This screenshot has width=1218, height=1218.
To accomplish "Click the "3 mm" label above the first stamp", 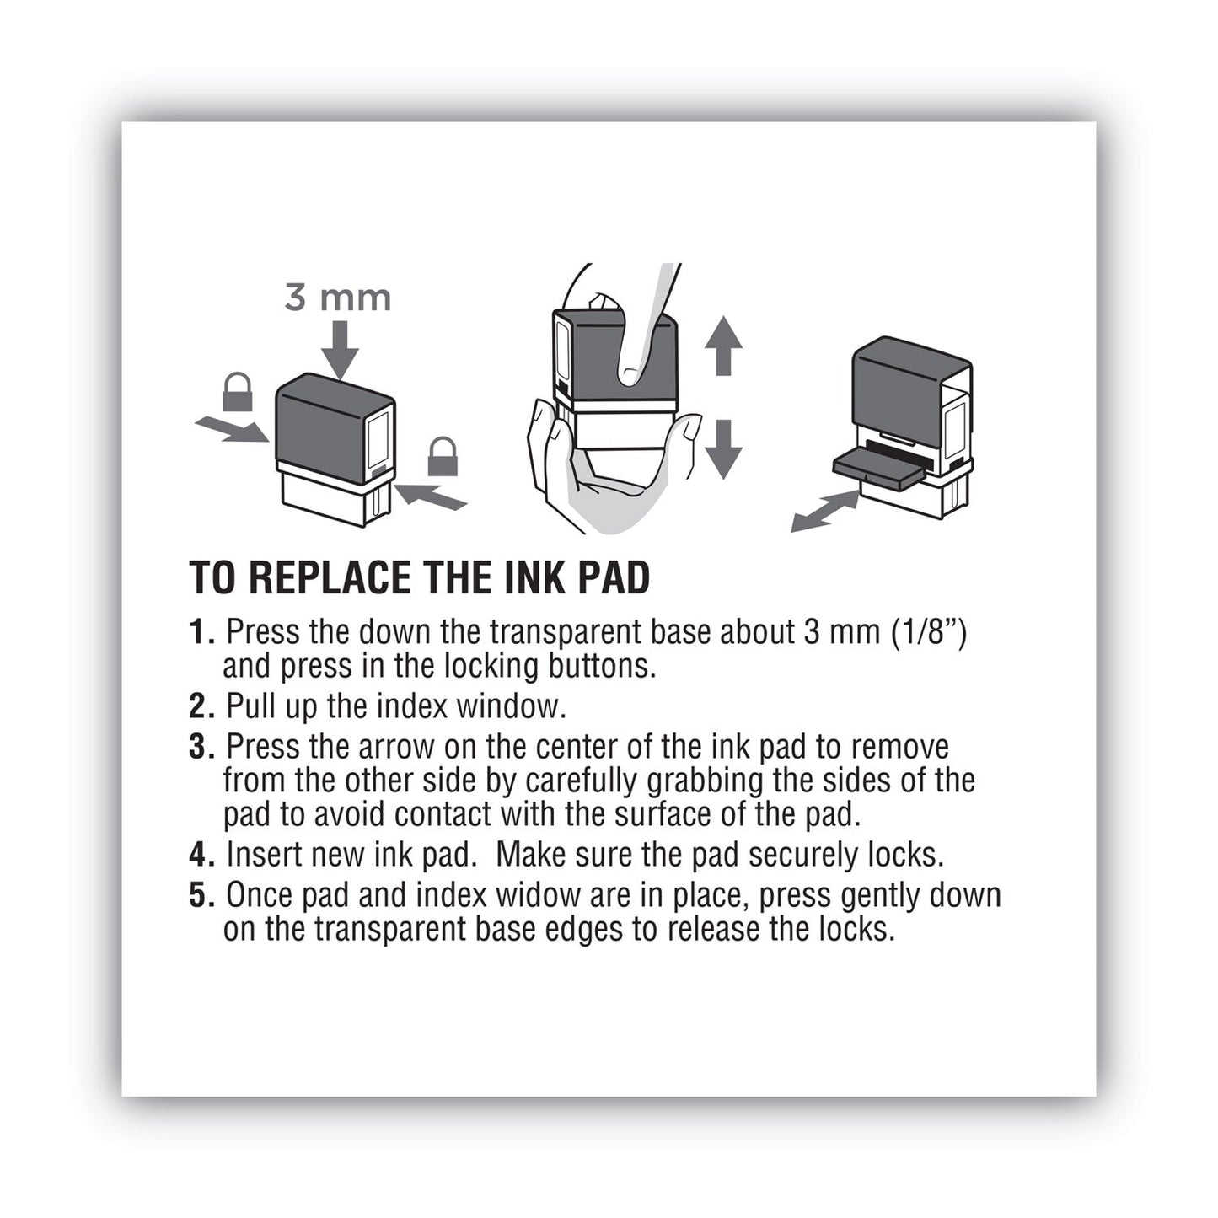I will (337, 298).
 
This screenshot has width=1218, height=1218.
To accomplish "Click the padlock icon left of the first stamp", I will (237, 392).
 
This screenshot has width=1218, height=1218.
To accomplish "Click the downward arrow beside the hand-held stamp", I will (722, 449).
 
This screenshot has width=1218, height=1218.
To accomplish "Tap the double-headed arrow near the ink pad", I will (824, 512).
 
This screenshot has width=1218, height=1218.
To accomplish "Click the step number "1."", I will (203, 632).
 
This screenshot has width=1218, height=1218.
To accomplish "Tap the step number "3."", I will (203, 748).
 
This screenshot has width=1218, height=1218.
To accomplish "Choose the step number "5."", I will (203, 895).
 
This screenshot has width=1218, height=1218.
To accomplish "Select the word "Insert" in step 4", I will (266, 855).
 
